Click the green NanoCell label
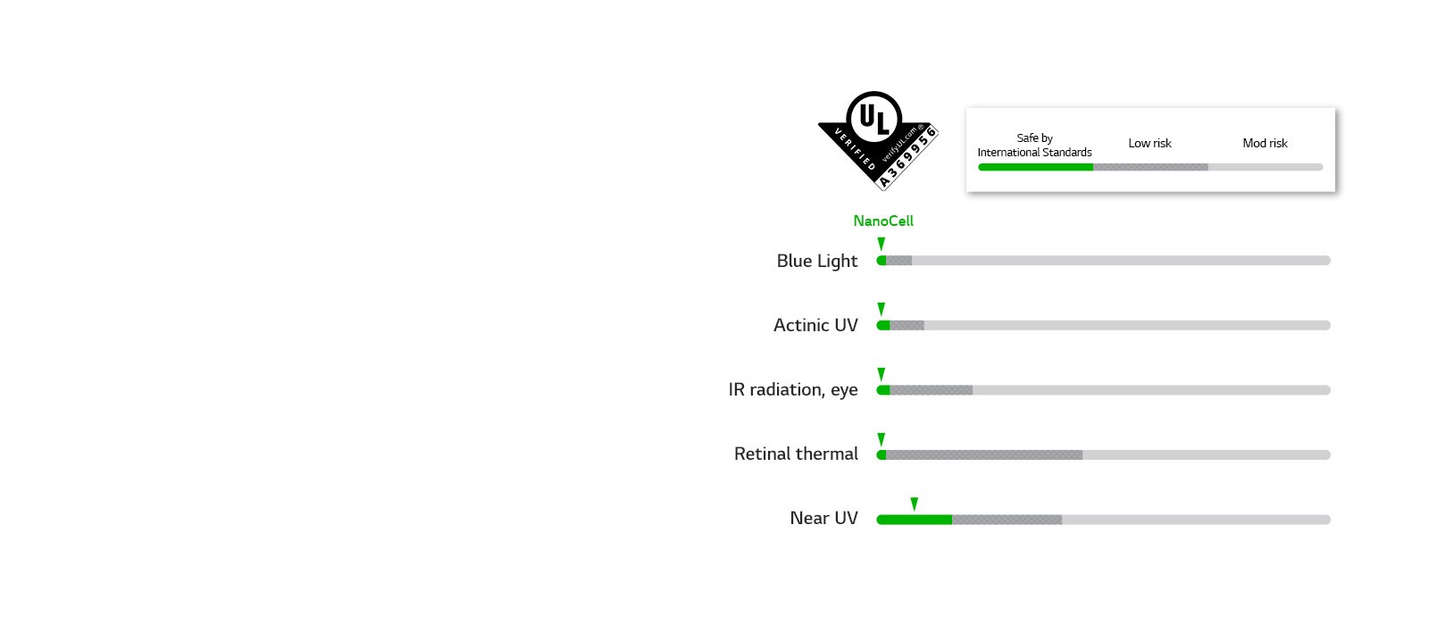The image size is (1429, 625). tap(882, 221)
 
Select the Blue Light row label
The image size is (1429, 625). tap(816, 261)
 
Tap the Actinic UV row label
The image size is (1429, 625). tap(815, 325)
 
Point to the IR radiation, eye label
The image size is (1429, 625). tap(792, 389)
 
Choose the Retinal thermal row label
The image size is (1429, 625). tap(795, 454)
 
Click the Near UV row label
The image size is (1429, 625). tap(823, 518)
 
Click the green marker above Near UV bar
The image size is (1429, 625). tap(914, 504)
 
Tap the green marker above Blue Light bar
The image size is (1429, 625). tap(882, 245)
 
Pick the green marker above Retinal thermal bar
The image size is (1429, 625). tap(882, 439)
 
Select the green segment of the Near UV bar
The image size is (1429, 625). tap(914, 520)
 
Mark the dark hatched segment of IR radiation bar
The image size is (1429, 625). tap(931, 390)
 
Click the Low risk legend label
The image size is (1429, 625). tap(1149, 143)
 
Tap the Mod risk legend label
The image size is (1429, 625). tap(1265, 143)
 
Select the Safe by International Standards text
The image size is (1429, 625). tap(1034, 145)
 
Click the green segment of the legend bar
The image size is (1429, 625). tap(1035, 167)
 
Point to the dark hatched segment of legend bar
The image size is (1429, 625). tap(1150, 167)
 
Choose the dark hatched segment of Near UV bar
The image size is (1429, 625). tap(1007, 520)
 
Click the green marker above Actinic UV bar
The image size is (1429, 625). tap(882, 309)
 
